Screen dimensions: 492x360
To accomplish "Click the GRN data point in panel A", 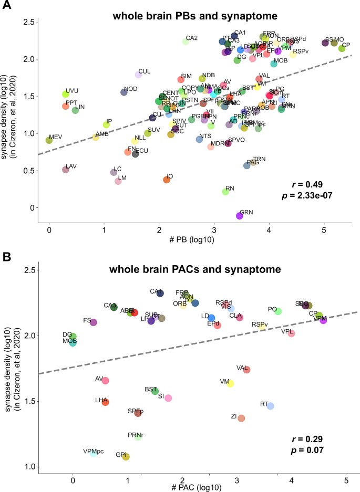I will click(240, 215).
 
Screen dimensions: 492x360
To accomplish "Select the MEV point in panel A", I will click(49, 140).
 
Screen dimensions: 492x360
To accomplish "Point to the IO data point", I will click(167, 180).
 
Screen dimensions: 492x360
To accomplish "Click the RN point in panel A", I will click(225, 192).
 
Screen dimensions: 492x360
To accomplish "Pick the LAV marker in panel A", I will click(65, 170).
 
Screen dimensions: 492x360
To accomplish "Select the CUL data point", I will click(139, 75).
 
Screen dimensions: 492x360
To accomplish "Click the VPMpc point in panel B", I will click(94, 453).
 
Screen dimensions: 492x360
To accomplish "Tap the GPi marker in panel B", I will click(126, 457).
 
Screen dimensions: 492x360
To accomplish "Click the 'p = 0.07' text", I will click(306, 451).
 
